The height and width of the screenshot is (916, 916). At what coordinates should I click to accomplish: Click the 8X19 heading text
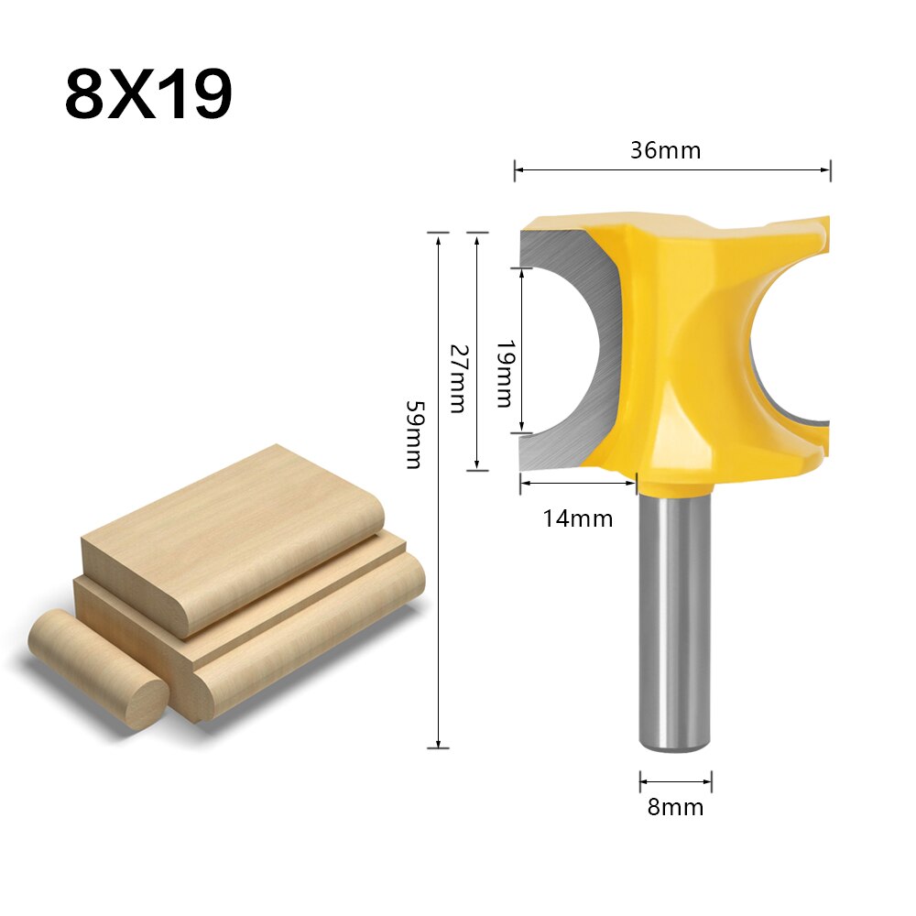(148, 94)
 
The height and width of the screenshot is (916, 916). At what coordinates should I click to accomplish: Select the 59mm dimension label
(414, 434)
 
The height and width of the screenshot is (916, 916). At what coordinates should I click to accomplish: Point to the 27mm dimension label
(457, 377)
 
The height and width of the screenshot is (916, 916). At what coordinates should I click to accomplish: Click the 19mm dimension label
(503, 374)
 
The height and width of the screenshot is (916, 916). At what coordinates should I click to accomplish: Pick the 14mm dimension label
(577, 518)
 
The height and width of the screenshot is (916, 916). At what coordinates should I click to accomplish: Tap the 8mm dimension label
(676, 807)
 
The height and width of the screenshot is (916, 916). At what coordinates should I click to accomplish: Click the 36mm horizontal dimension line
(672, 169)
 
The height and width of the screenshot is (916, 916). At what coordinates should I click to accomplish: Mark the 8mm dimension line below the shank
(676, 781)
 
